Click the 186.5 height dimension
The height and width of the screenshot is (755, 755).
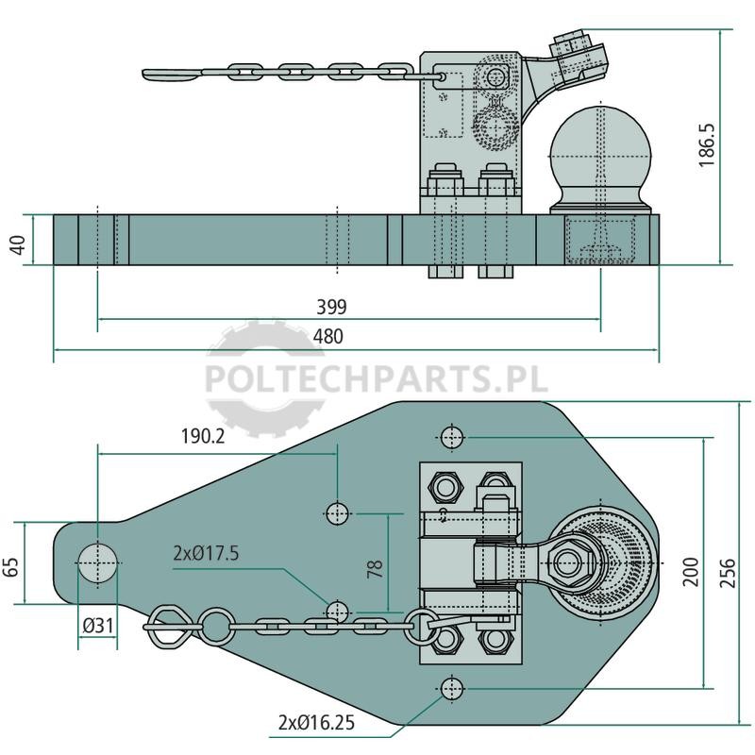tap(707, 145)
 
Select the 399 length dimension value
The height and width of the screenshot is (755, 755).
tap(331, 307)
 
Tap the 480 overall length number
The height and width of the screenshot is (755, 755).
tap(328, 337)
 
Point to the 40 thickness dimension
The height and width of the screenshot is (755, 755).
tap(17, 244)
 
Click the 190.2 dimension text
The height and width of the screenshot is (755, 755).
tap(203, 436)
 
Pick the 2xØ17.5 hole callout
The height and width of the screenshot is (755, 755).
tap(206, 554)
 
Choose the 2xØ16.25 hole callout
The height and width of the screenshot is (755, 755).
tap(316, 722)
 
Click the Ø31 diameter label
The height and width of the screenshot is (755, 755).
tap(98, 626)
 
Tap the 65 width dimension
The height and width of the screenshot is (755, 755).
tap(10, 567)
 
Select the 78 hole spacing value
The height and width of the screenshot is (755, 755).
tap(375, 569)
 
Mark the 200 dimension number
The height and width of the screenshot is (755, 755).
tap(691, 572)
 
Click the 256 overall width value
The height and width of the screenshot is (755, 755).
tap(728, 573)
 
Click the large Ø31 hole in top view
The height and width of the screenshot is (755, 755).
tap(98, 562)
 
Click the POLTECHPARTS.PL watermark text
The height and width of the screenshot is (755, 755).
tap(377, 379)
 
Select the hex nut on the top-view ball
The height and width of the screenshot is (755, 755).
tap(573, 562)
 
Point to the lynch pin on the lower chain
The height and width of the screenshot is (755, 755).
tap(166, 628)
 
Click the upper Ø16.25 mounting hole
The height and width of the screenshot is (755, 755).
tap(452, 437)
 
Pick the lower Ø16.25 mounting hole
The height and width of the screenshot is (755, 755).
tap(452, 689)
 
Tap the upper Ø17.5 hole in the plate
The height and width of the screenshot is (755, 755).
tap(338, 513)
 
